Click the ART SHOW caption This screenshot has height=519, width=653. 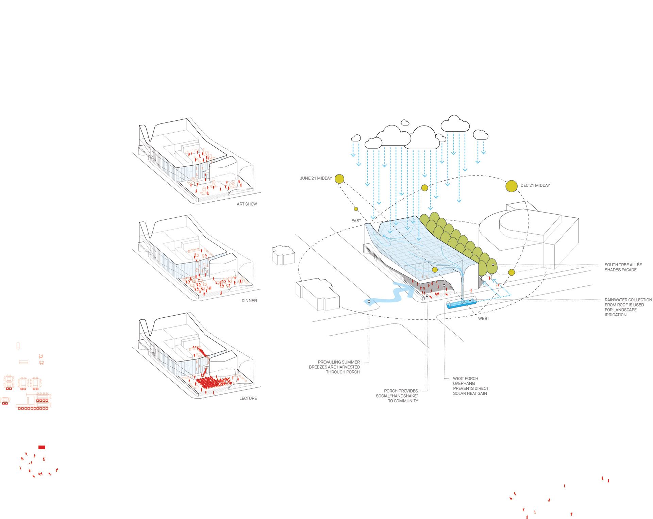(x=247, y=204)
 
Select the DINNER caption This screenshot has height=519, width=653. (x=249, y=301)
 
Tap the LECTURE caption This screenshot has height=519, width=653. (x=248, y=398)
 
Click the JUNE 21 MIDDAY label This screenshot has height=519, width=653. (x=316, y=178)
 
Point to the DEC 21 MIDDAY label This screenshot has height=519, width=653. (x=535, y=185)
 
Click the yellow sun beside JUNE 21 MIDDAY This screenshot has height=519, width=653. (x=339, y=179)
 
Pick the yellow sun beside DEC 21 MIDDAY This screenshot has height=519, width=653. (x=512, y=186)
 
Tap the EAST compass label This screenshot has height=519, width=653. (x=356, y=221)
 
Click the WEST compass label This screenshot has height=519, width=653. (x=483, y=319)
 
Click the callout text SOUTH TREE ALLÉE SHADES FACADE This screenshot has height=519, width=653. (x=623, y=267)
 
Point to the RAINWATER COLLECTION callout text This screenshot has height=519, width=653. (x=628, y=307)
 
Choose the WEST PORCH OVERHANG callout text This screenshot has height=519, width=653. (x=470, y=386)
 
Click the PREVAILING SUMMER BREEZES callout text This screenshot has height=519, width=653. (x=334, y=367)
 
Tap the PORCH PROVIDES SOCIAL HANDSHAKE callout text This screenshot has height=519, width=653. (x=397, y=396)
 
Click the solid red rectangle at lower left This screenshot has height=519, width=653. (x=41, y=447)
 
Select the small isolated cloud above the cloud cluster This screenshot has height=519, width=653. (x=405, y=122)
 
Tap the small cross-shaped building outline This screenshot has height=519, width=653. (x=283, y=255)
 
